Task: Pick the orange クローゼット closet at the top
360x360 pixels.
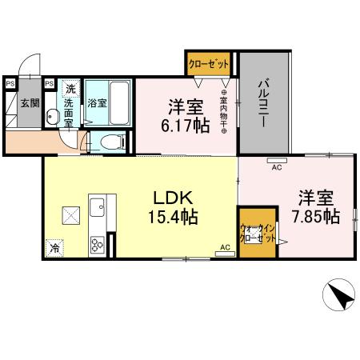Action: tap(209, 63)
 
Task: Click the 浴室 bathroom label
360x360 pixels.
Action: tap(97, 103)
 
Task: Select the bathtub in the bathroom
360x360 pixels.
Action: tap(118, 103)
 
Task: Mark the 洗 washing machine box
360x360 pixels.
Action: tap(70, 89)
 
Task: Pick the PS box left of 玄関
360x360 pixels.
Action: tap(10, 82)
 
